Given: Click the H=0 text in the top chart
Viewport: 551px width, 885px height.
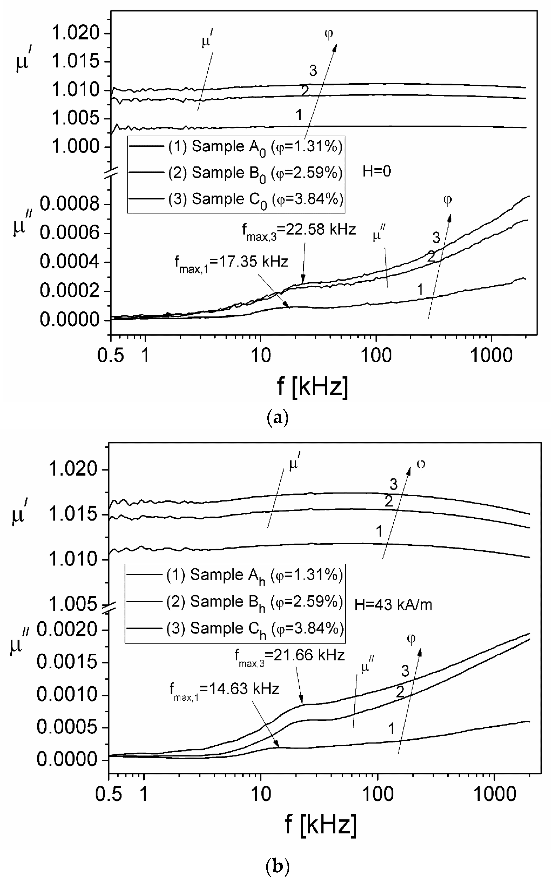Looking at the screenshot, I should (376, 171).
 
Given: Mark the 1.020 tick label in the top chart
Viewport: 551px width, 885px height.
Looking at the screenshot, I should (75, 34).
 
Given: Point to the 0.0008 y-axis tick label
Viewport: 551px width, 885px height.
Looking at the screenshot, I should (69, 205).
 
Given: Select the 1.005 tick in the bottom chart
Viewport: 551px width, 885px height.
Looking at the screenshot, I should (73, 605).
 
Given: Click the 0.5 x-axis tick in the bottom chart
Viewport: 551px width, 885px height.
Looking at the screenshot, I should (109, 795).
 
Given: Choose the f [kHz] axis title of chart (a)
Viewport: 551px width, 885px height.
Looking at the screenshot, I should (312, 386).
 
